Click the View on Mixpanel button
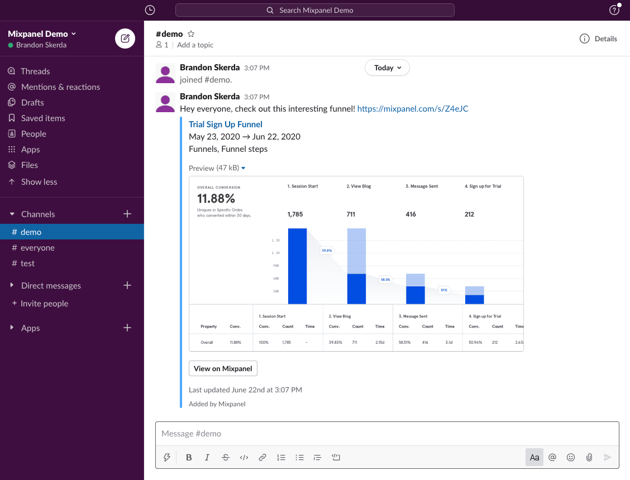point(223,368)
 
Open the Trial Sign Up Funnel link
point(226,124)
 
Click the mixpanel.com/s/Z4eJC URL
point(412,109)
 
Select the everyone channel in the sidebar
point(37,248)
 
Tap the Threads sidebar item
point(35,71)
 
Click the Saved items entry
point(43,118)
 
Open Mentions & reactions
point(60,87)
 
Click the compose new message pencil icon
point(125,39)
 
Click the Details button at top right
point(598,39)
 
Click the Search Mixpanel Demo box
point(315,10)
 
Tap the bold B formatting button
point(189,458)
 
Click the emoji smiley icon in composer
point(571,458)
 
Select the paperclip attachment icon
point(589,458)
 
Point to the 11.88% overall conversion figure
point(216,199)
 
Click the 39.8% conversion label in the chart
point(327,251)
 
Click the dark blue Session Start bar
point(297,266)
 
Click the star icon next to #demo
point(191,34)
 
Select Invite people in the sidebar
point(44,304)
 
